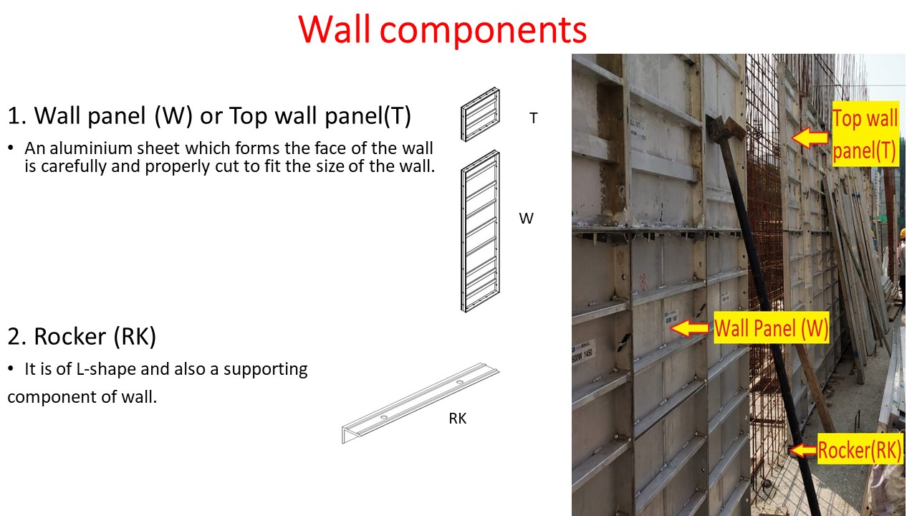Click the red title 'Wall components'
pyautogui.click(x=443, y=29)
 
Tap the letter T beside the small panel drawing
pyautogui.click(x=533, y=119)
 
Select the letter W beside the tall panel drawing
pyautogui.click(x=527, y=219)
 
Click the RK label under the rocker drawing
pyautogui.click(x=457, y=419)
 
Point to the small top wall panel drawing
pyautogui.click(x=480, y=114)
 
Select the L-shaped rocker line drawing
pyautogui.click(x=419, y=404)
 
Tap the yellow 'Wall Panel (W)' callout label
pyautogui.click(x=772, y=329)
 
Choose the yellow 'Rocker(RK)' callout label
pyautogui.click(x=859, y=451)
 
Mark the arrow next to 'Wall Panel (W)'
pyautogui.click(x=690, y=329)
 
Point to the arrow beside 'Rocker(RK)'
pyautogui.click(x=802, y=451)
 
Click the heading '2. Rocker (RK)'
pyautogui.click(x=82, y=336)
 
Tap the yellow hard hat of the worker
pyautogui.click(x=903, y=233)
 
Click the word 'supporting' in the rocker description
pyautogui.click(x=265, y=369)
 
